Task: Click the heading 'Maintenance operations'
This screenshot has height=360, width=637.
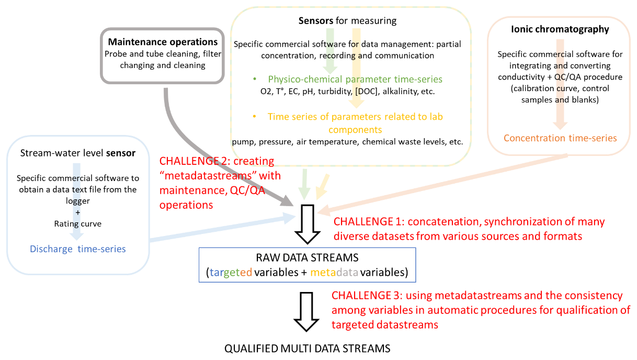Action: tap(163, 42)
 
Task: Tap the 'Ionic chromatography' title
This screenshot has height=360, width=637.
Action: tap(560, 29)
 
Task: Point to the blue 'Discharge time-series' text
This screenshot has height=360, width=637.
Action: tap(78, 249)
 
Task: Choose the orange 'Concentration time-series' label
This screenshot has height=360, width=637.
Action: tap(560, 138)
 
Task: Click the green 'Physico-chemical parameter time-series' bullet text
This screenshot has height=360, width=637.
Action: tap(355, 80)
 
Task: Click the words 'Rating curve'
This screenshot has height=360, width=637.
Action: tap(77, 223)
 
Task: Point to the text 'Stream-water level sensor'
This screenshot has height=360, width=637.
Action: tap(78, 153)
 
